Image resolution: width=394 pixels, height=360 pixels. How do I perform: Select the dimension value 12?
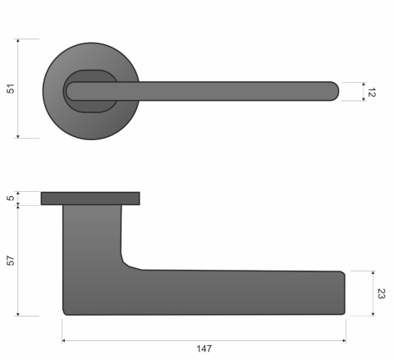coord(371,92)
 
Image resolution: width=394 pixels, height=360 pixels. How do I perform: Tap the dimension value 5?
coord(11,198)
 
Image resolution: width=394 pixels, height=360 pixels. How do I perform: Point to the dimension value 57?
coord(11,260)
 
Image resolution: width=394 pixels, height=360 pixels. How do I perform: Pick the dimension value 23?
coord(381,292)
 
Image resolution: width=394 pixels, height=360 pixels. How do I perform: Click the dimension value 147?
coord(204,349)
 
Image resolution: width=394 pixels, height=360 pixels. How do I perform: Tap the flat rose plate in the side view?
coord(90,198)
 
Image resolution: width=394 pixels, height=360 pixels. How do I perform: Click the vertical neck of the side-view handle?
coord(92,234)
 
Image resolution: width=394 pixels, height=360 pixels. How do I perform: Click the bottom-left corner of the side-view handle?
coord(65,311)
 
